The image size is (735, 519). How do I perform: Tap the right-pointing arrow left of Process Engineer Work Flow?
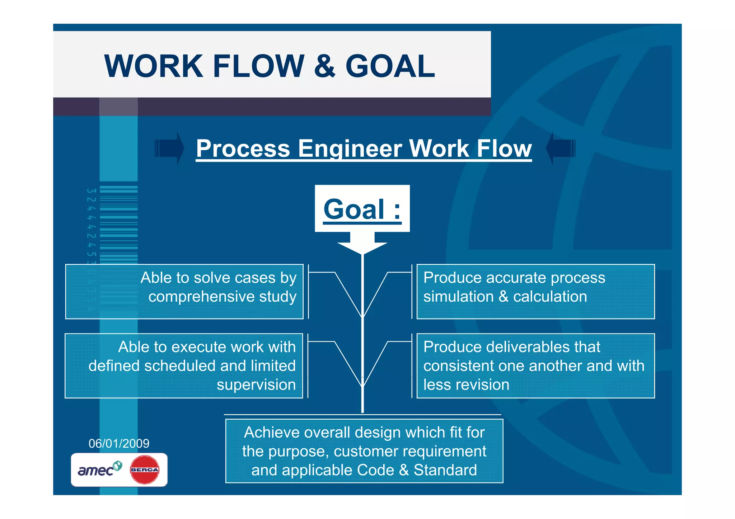coord(169,148)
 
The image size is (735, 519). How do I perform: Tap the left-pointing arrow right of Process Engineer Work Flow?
coord(561,148)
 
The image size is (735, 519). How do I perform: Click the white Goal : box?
coord(362,208)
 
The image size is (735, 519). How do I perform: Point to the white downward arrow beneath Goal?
coord(362,244)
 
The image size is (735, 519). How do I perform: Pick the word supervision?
coord(256,385)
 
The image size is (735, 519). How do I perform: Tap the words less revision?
coord(466,385)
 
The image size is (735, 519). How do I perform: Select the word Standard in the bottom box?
coord(445,470)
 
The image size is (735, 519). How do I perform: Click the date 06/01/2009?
coord(119,444)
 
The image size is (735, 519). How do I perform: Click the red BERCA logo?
coord(144,470)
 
